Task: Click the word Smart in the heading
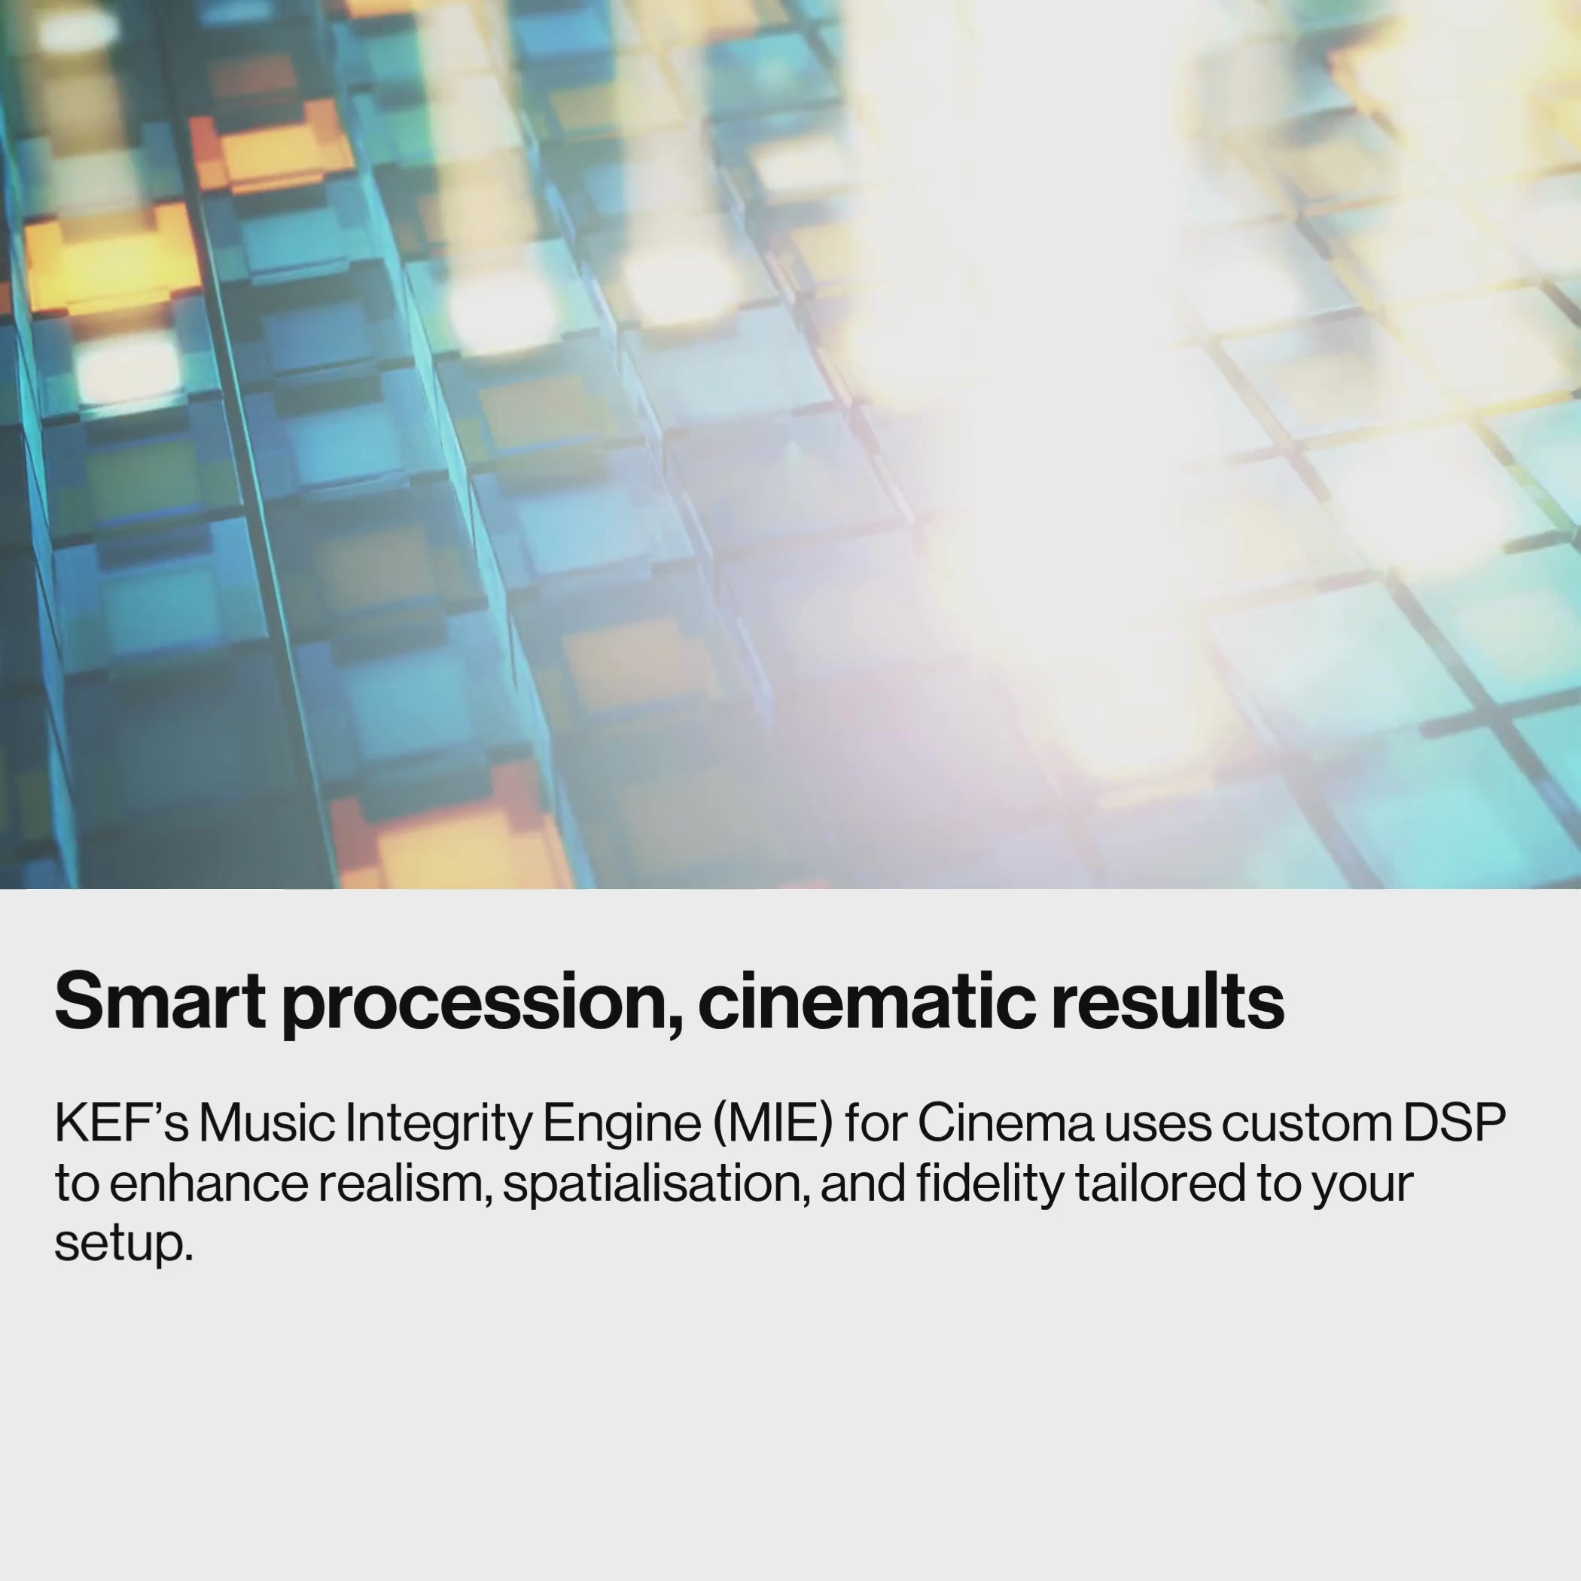160,1001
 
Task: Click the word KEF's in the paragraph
121,1123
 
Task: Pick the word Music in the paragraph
267,1123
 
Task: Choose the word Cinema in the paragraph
1006,1123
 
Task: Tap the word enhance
208,1183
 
